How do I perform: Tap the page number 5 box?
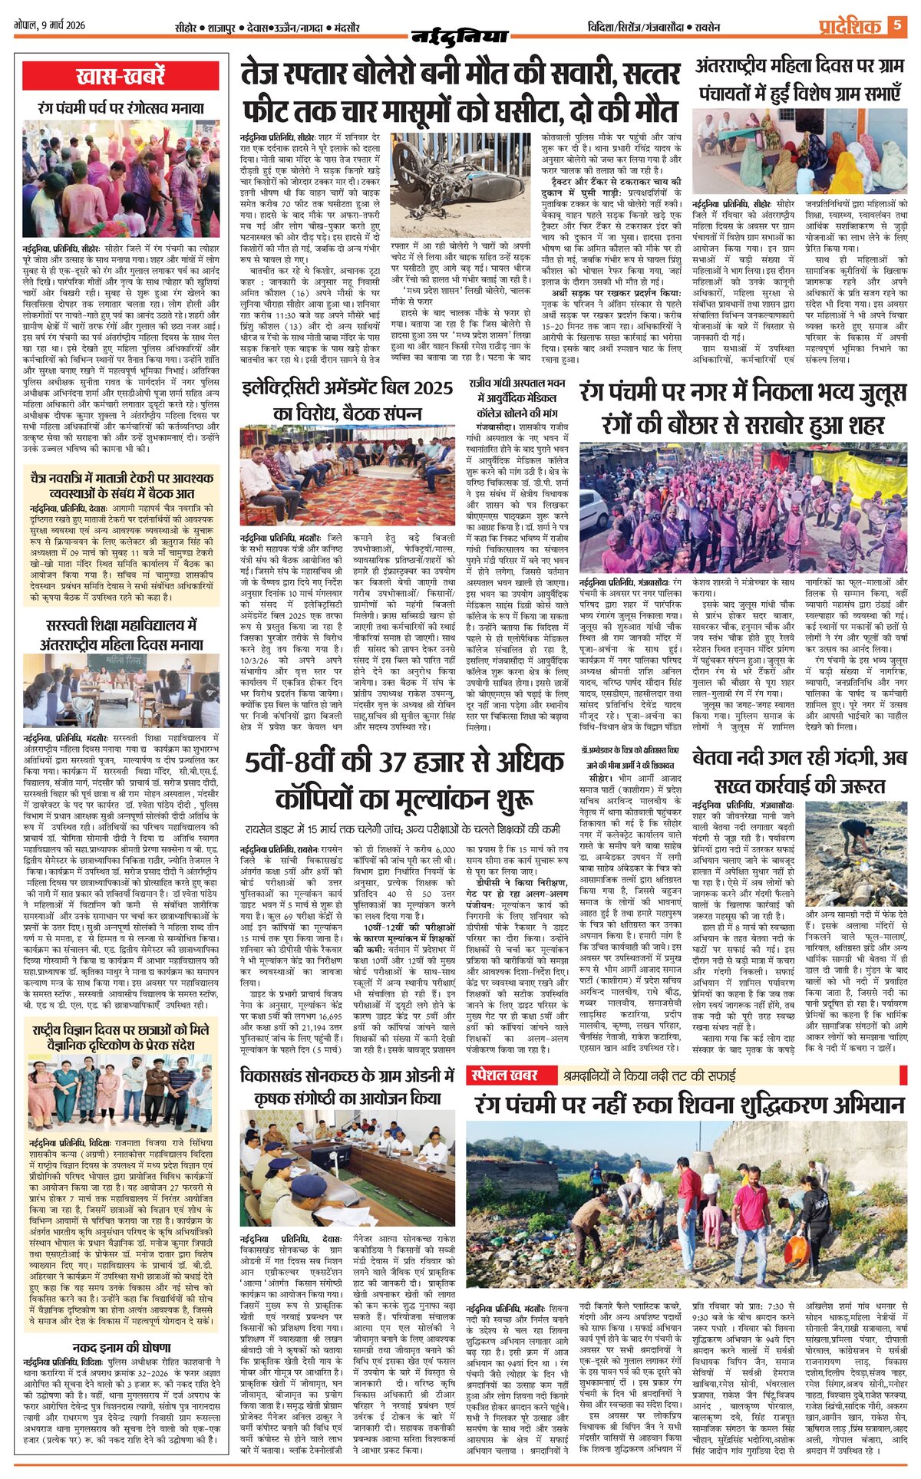[x=896, y=26]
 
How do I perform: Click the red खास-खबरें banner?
[x=121, y=77]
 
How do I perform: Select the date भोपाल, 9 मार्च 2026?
[x=50, y=25]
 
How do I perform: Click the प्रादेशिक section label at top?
[x=849, y=27]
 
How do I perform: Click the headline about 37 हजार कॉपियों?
[x=405, y=779]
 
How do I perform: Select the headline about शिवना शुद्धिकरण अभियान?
[x=689, y=1105]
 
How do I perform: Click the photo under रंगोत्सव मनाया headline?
[x=121, y=178]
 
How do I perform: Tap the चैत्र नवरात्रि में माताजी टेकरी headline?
[x=121, y=485]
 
